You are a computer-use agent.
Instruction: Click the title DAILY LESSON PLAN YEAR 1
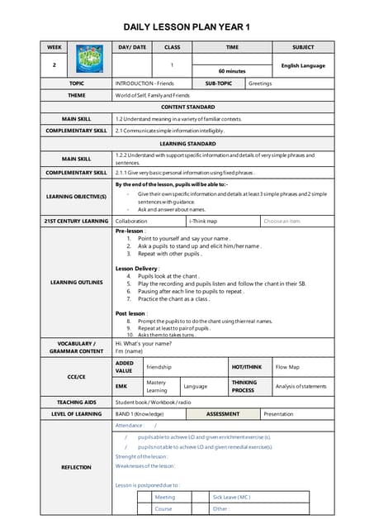click(x=187, y=27)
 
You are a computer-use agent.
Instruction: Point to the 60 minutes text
click(x=232, y=71)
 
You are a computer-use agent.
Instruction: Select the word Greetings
click(x=260, y=83)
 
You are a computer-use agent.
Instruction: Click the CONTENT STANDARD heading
click(x=187, y=107)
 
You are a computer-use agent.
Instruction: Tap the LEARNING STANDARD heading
click(x=187, y=143)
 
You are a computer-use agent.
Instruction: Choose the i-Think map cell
click(x=203, y=221)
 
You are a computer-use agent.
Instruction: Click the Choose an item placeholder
click(x=282, y=221)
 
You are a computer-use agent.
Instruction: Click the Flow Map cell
click(x=288, y=366)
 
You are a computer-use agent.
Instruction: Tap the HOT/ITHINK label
click(x=247, y=366)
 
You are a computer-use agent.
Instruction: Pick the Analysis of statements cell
click(x=301, y=387)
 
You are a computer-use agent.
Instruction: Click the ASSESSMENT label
click(x=223, y=413)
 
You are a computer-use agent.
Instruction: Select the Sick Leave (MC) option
click(x=231, y=497)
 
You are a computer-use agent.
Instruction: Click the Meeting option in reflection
click(x=165, y=497)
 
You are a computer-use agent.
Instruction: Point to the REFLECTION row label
click(x=76, y=467)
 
